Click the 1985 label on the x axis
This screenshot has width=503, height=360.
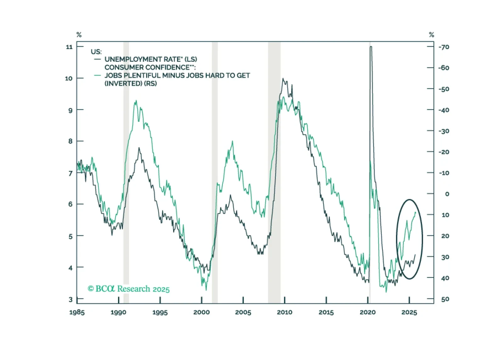point(77,312)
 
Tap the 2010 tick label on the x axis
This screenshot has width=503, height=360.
point(285,312)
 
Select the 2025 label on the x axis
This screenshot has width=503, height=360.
point(409,312)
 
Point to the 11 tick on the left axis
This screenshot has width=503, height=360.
point(69,47)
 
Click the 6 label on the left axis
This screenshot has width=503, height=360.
point(71,204)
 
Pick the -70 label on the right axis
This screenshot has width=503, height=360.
point(444,47)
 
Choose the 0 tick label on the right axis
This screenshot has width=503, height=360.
point(447,194)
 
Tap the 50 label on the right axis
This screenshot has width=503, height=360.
point(445,299)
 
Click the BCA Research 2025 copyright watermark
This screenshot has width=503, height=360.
point(128,289)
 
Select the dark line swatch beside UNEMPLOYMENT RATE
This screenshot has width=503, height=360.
point(98,59)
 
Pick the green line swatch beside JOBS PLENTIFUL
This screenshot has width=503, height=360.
point(98,76)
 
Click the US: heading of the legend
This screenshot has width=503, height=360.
point(96,52)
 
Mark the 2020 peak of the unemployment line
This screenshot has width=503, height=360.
point(371,47)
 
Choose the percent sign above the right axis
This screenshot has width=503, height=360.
point(432,35)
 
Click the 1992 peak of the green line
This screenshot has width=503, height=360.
point(136,101)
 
